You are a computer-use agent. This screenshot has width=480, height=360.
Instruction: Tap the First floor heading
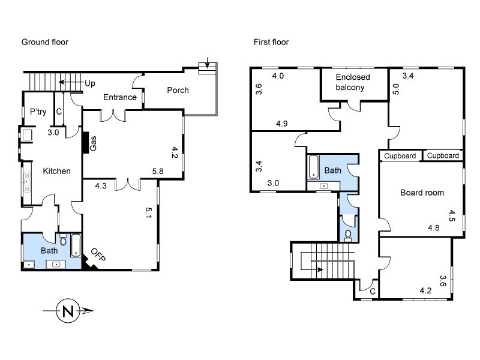(x=272, y=42)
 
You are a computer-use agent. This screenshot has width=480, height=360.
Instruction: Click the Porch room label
(x=178, y=91)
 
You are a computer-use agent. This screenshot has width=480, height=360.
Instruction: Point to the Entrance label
(x=120, y=97)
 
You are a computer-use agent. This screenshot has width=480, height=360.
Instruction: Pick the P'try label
(x=38, y=112)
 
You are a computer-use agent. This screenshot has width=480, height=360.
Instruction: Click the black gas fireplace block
(x=86, y=143)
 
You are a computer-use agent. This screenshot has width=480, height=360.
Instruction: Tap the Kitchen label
(x=57, y=171)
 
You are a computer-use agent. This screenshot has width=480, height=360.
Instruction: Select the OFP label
(x=98, y=255)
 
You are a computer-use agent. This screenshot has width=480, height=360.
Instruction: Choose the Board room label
(x=422, y=193)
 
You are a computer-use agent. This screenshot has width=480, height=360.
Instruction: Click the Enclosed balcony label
(x=353, y=82)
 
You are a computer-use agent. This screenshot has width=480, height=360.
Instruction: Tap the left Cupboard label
(x=400, y=156)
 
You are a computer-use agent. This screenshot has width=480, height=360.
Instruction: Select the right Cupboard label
(x=443, y=156)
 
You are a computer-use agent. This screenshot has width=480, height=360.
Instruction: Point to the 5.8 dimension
(x=158, y=171)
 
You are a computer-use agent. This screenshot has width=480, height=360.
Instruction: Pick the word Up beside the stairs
(x=90, y=83)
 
